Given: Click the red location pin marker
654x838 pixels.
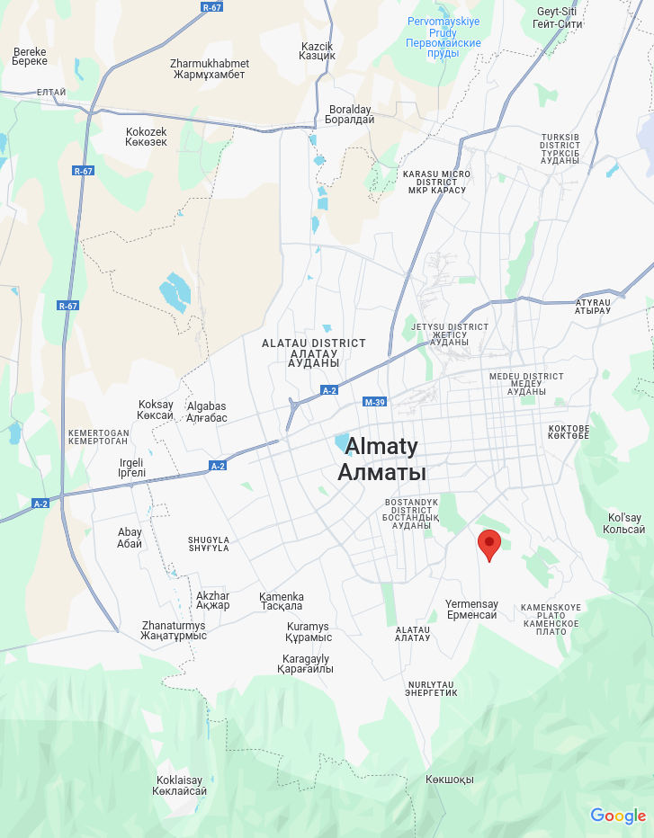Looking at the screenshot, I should (x=488, y=544).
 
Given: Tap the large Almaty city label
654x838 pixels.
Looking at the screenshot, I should (x=381, y=459).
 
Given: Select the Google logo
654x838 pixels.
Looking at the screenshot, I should (x=618, y=816).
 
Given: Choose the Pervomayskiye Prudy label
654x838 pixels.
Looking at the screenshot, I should (x=443, y=37).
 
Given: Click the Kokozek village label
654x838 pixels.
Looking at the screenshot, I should (x=146, y=137).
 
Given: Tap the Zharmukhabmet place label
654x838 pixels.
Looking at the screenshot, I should (x=209, y=69).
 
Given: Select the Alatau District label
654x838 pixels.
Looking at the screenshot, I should (x=314, y=352).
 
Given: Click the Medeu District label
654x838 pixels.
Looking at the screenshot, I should (x=526, y=384).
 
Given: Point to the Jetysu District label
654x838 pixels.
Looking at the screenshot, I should (x=449, y=334).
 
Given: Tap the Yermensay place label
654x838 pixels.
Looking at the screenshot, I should (x=471, y=609).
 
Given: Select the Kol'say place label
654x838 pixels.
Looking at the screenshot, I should (x=624, y=523).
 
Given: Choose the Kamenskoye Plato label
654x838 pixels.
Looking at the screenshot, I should (x=551, y=620).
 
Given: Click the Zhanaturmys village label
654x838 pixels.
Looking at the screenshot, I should (x=174, y=630).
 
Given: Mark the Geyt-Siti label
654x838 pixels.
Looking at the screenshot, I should (x=557, y=17).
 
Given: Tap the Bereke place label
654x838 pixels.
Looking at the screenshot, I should (x=29, y=57).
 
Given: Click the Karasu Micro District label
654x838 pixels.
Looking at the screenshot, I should (x=436, y=182).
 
